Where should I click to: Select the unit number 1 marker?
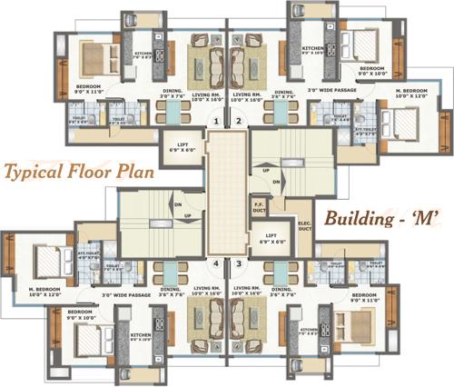tap(215, 121)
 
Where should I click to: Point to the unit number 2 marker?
tap(239, 121)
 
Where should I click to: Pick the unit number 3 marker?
tap(239, 264)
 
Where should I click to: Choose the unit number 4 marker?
tap(215, 264)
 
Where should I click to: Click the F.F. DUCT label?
tap(259, 207)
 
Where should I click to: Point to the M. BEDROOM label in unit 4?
tap(44, 293)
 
